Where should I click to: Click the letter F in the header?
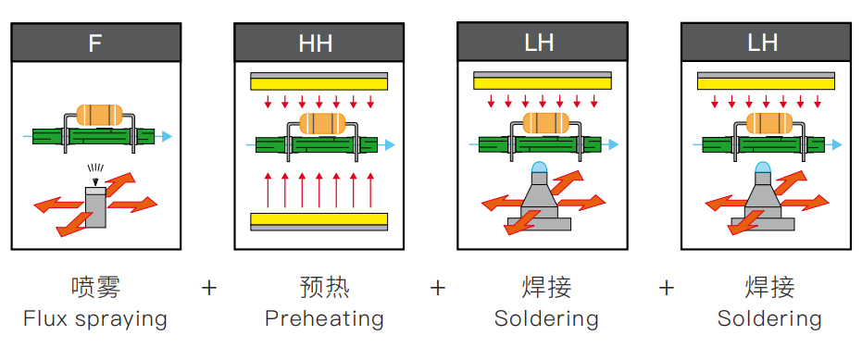click(x=95, y=43)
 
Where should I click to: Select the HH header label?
click(x=316, y=43)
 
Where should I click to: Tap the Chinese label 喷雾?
click(x=95, y=287)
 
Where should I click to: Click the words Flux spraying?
click(x=95, y=319)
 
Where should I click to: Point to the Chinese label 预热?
click(x=324, y=287)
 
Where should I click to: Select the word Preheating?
click(x=324, y=319)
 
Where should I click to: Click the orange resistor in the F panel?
click(x=99, y=115)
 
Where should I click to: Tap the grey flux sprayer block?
click(x=95, y=207)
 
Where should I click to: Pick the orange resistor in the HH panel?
click(x=323, y=124)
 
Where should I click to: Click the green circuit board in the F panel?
click(x=94, y=136)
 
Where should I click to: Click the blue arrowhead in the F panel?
click(x=167, y=136)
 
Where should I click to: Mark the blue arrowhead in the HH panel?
click(x=390, y=145)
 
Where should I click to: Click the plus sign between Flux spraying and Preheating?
click(x=209, y=288)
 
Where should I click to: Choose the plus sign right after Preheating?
click(x=438, y=288)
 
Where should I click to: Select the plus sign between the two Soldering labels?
click(x=667, y=288)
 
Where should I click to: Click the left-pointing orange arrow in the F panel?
click(x=59, y=206)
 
